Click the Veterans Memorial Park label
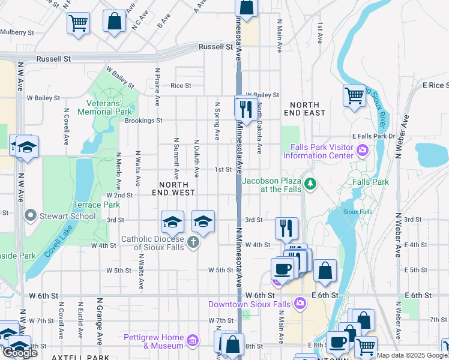pos(105,107)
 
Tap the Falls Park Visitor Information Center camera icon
pos(363,150)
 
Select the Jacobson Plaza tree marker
pos(310,183)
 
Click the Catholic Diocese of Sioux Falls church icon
pos(192,242)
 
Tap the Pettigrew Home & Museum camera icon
pos(192,341)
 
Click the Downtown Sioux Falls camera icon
pos(300,304)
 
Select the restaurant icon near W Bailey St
pos(246,109)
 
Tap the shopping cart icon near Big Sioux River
pos(355,95)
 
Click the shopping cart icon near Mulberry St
pos(78,23)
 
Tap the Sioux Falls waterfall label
pos(357,212)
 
